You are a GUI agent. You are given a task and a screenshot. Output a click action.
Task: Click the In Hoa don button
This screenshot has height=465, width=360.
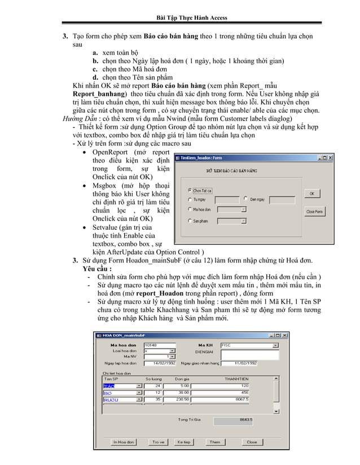tap(123, 442)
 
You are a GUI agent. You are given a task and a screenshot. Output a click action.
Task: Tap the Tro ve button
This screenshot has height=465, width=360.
tap(157, 442)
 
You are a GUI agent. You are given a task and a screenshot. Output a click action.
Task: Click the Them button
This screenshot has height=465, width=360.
tap(215, 442)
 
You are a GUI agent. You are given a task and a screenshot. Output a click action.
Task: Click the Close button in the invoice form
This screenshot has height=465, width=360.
tap(252, 442)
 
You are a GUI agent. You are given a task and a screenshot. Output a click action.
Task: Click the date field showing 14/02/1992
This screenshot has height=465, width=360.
tap(160, 363)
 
